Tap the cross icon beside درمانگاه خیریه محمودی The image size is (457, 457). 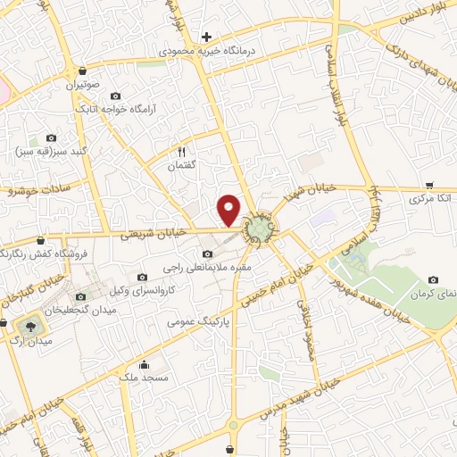pos(206,37)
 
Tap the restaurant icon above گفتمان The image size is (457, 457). pos(182,152)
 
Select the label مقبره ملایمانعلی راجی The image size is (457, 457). pos(209,267)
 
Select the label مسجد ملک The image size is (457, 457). pos(143,378)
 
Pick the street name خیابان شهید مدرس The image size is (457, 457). pos(295,401)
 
